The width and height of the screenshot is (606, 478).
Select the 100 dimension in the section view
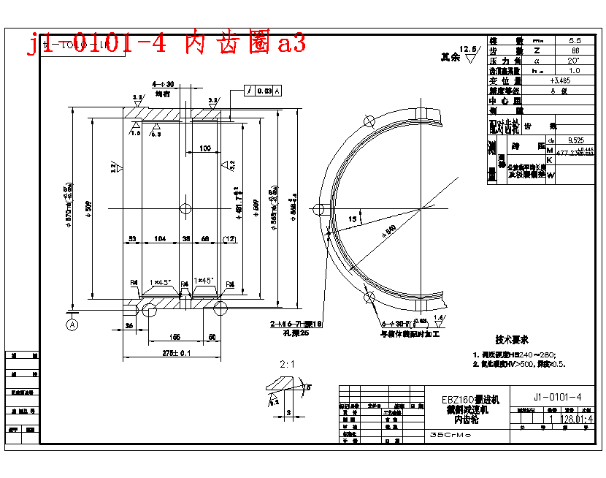point(205,148)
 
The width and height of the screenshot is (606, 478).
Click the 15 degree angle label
point(353,218)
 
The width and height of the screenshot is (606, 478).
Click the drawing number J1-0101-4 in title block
point(557,397)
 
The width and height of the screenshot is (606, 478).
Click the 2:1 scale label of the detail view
point(286,363)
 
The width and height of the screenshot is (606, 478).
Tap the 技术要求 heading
point(511,340)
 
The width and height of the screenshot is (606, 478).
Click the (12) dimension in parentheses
point(229,239)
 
